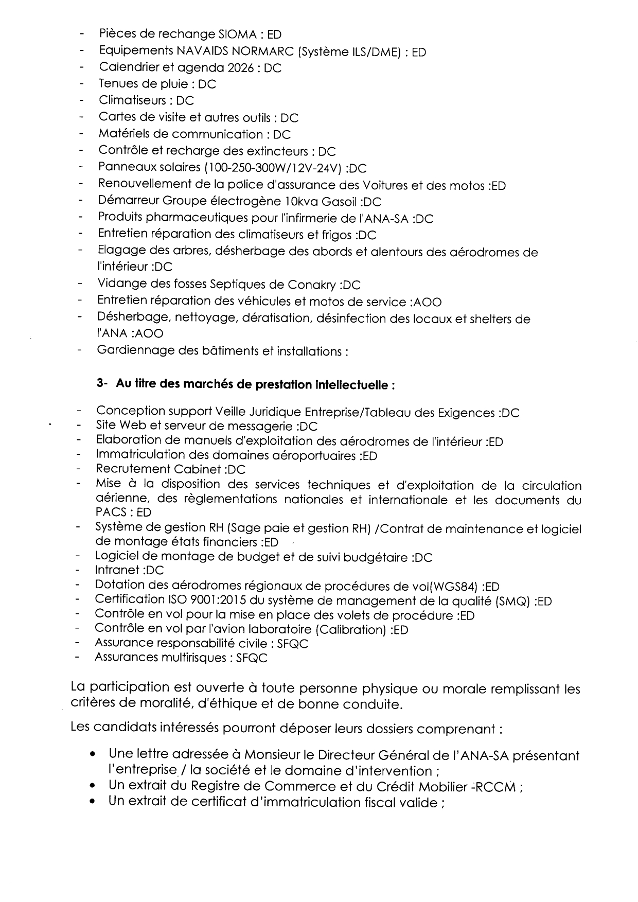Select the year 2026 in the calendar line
point(240,68)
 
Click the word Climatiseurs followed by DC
point(132,101)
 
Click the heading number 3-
point(101,384)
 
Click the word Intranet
point(117,570)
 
